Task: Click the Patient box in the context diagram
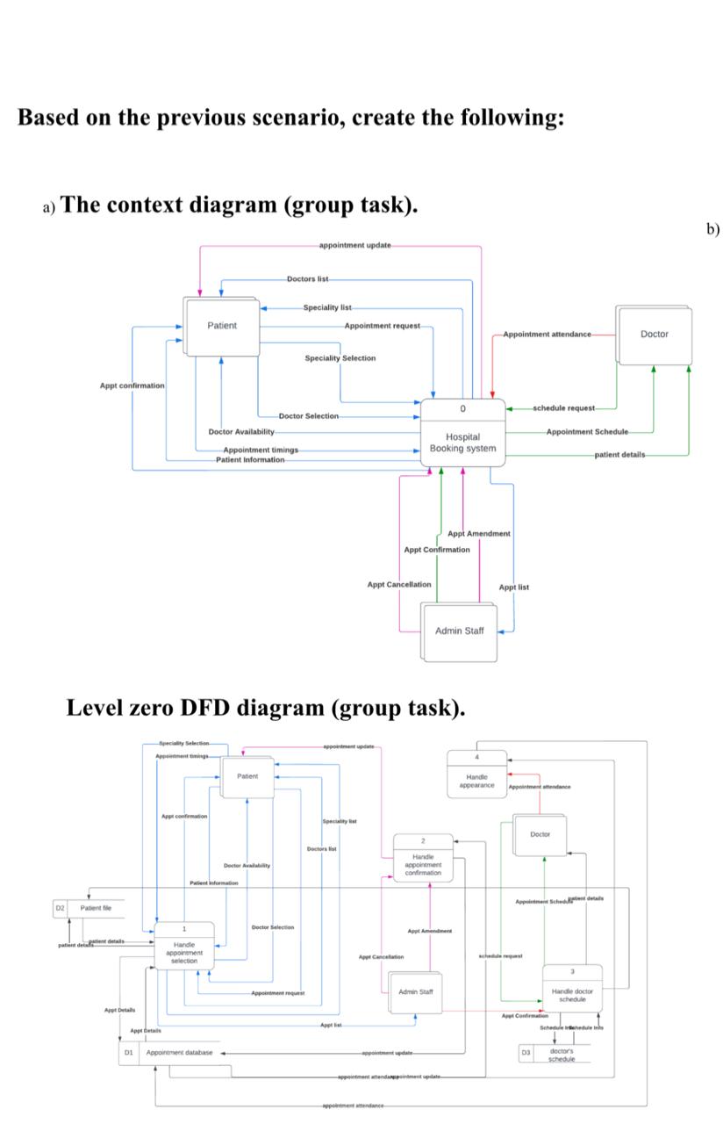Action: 221,326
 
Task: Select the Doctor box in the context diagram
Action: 653,334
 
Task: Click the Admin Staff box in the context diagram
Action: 459,630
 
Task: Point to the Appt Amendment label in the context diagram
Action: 478,534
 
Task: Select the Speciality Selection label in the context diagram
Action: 340,358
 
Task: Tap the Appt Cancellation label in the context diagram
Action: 399,584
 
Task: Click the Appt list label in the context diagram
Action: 513,587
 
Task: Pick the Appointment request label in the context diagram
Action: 382,326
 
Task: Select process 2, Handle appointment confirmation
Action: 423,858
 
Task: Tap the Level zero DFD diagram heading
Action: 265,707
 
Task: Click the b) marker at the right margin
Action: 712,229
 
